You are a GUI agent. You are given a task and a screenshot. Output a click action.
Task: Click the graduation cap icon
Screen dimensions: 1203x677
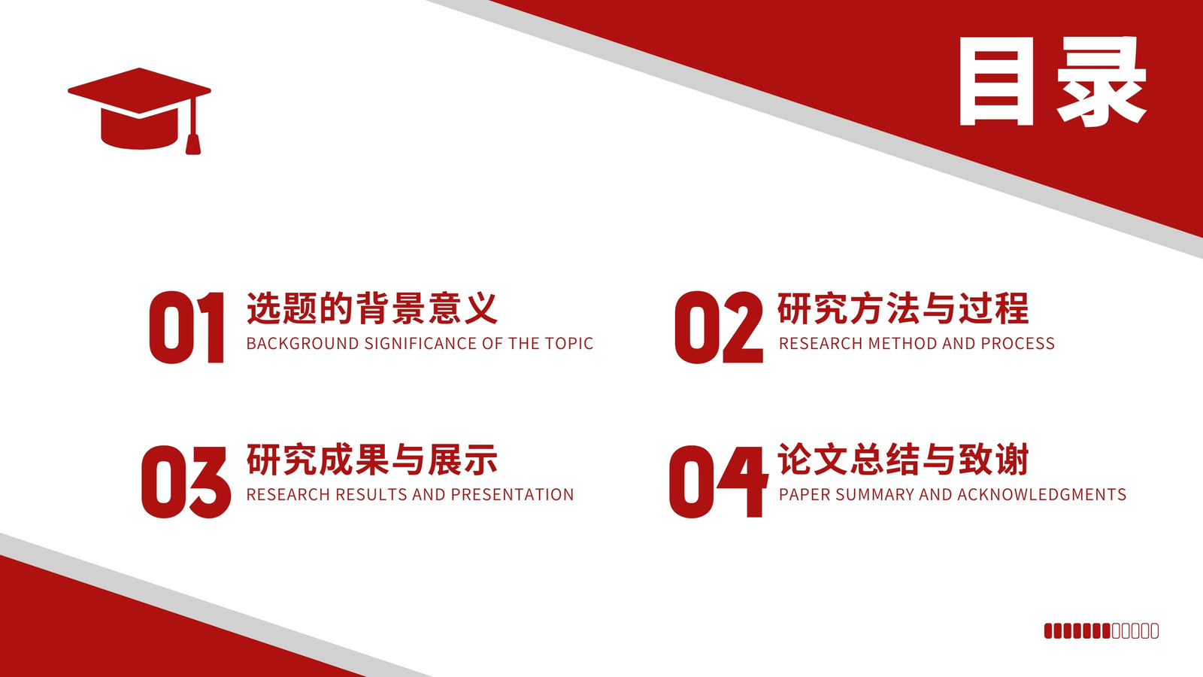point(139,111)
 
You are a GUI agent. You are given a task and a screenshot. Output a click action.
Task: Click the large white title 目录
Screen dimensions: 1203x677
point(1053,82)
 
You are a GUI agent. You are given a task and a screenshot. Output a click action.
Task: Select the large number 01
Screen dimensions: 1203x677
point(186,327)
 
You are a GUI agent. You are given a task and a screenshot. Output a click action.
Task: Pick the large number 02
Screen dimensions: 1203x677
point(719,327)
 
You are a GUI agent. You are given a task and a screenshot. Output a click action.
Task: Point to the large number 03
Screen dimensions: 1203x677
point(186,481)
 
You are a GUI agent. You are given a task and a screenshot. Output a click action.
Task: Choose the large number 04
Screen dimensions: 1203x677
point(719,481)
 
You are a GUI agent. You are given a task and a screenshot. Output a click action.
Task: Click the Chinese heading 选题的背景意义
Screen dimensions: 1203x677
point(372,308)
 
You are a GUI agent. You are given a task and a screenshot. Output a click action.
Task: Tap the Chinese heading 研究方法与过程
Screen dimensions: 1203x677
point(903,308)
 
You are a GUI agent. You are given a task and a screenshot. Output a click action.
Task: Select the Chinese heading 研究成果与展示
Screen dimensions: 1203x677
point(372,460)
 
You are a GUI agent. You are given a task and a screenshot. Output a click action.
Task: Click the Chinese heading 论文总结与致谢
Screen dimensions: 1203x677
point(903,460)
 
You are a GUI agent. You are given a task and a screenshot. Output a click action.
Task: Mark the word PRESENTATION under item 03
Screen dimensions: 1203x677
point(512,494)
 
